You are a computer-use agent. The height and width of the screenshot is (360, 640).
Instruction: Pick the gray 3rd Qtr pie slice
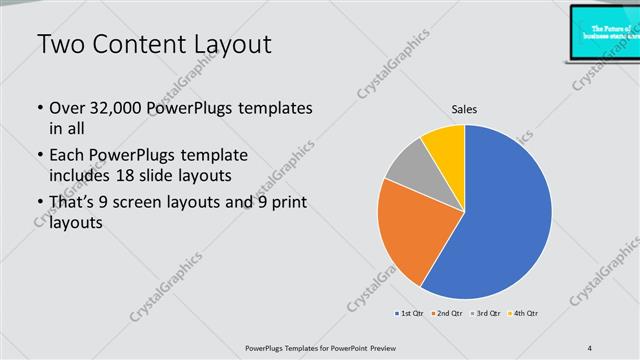coord(407,168)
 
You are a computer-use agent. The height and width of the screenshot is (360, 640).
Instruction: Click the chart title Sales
coord(464,108)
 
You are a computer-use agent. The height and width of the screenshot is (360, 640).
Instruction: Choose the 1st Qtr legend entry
coord(408,314)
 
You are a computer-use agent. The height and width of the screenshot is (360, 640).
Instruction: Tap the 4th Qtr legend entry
coord(524,314)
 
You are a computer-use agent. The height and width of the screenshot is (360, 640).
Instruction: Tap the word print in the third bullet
coord(286,203)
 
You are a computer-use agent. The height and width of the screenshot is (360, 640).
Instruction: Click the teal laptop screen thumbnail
coord(604,30)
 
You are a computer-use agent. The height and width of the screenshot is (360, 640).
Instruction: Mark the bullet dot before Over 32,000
coord(39,108)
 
